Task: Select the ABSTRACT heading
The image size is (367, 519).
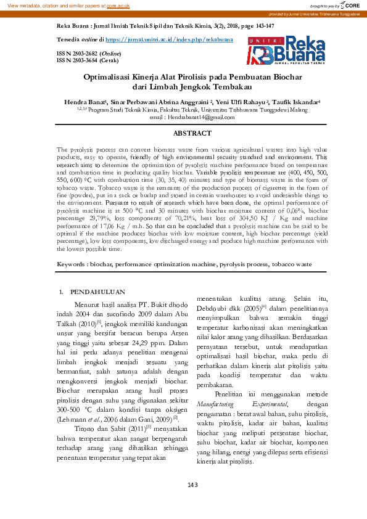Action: (x=192, y=133)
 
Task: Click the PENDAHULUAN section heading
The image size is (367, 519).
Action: (x=98, y=292)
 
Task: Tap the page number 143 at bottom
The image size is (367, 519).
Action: (x=192, y=485)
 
